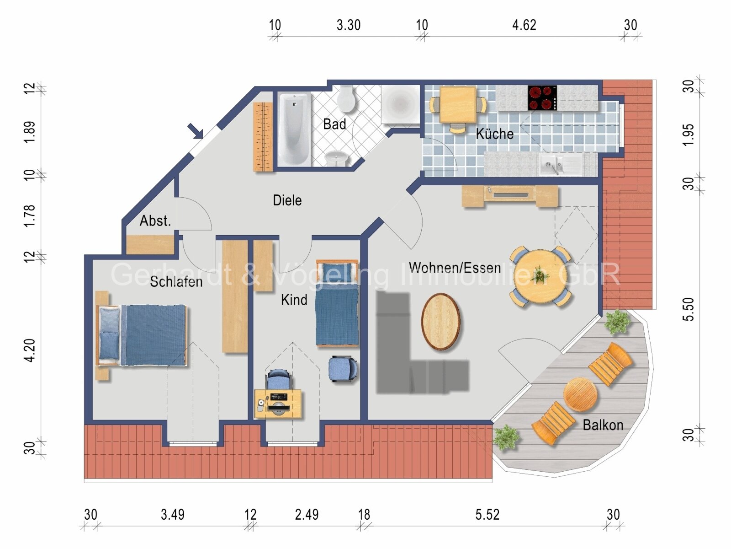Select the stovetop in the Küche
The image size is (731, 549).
click(x=542, y=98)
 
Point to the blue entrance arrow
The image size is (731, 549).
click(x=196, y=131)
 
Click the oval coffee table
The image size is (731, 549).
click(x=440, y=322)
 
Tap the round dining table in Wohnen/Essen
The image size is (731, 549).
click(x=540, y=276)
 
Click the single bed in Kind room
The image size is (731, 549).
click(x=337, y=304)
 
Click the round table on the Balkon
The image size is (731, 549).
click(x=580, y=394)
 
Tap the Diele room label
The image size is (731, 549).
click(x=287, y=200)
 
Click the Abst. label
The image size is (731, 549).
click(x=155, y=221)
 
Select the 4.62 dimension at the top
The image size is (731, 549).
click(x=524, y=25)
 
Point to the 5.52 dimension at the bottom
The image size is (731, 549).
click(x=487, y=515)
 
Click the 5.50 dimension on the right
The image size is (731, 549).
click(x=689, y=309)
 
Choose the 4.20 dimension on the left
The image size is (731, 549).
click(x=29, y=350)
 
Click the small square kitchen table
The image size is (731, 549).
click(x=458, y=105)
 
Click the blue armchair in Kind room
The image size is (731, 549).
click(x=342, y=369)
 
